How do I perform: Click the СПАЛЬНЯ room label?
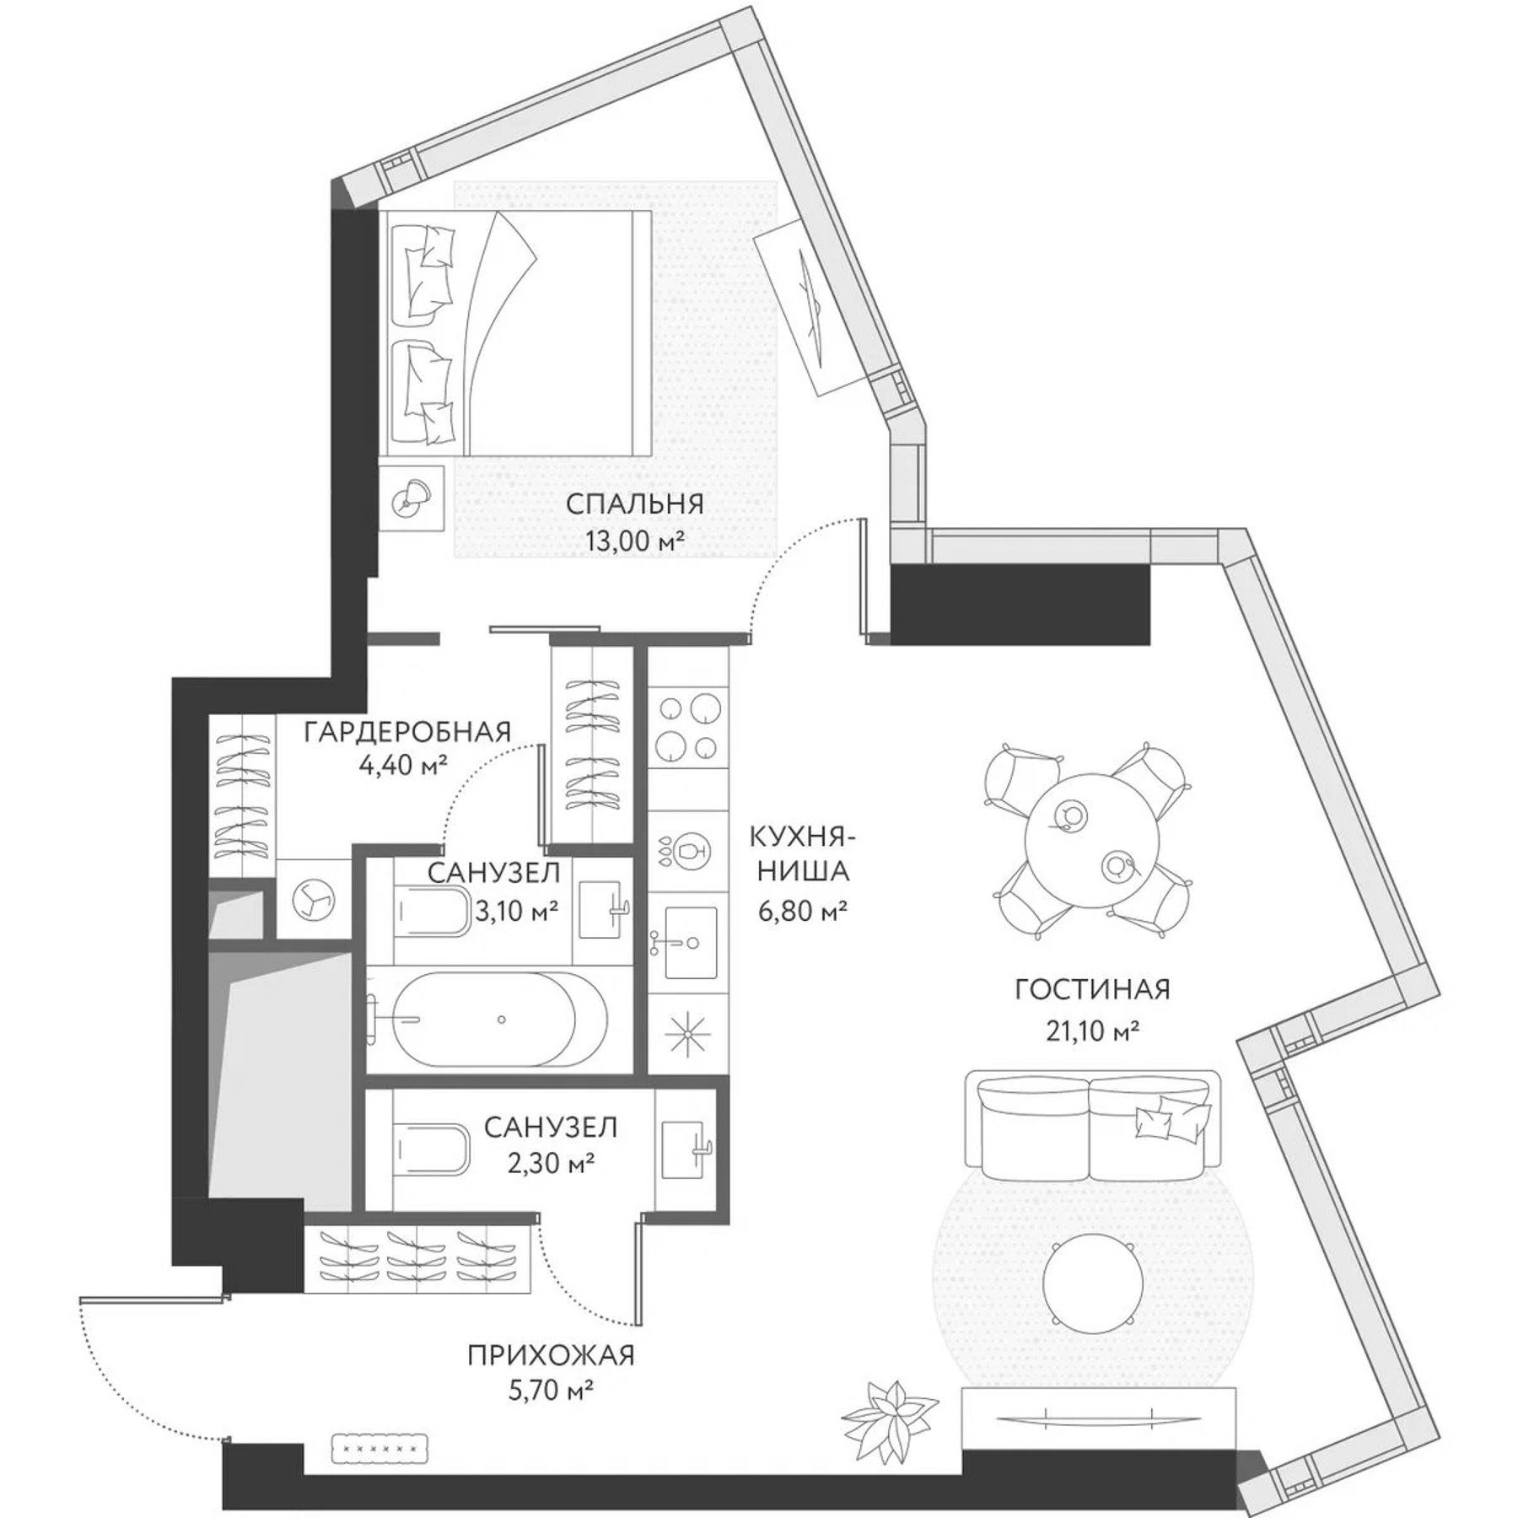(x=634, y=504)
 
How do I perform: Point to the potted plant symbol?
(x=892, y=1410)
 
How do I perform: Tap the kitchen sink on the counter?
(x=691, y=942)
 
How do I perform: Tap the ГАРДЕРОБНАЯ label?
(x=407, y=732)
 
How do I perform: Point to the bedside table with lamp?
(x=411, y=497)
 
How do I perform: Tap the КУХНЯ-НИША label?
(x=801, y=854)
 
